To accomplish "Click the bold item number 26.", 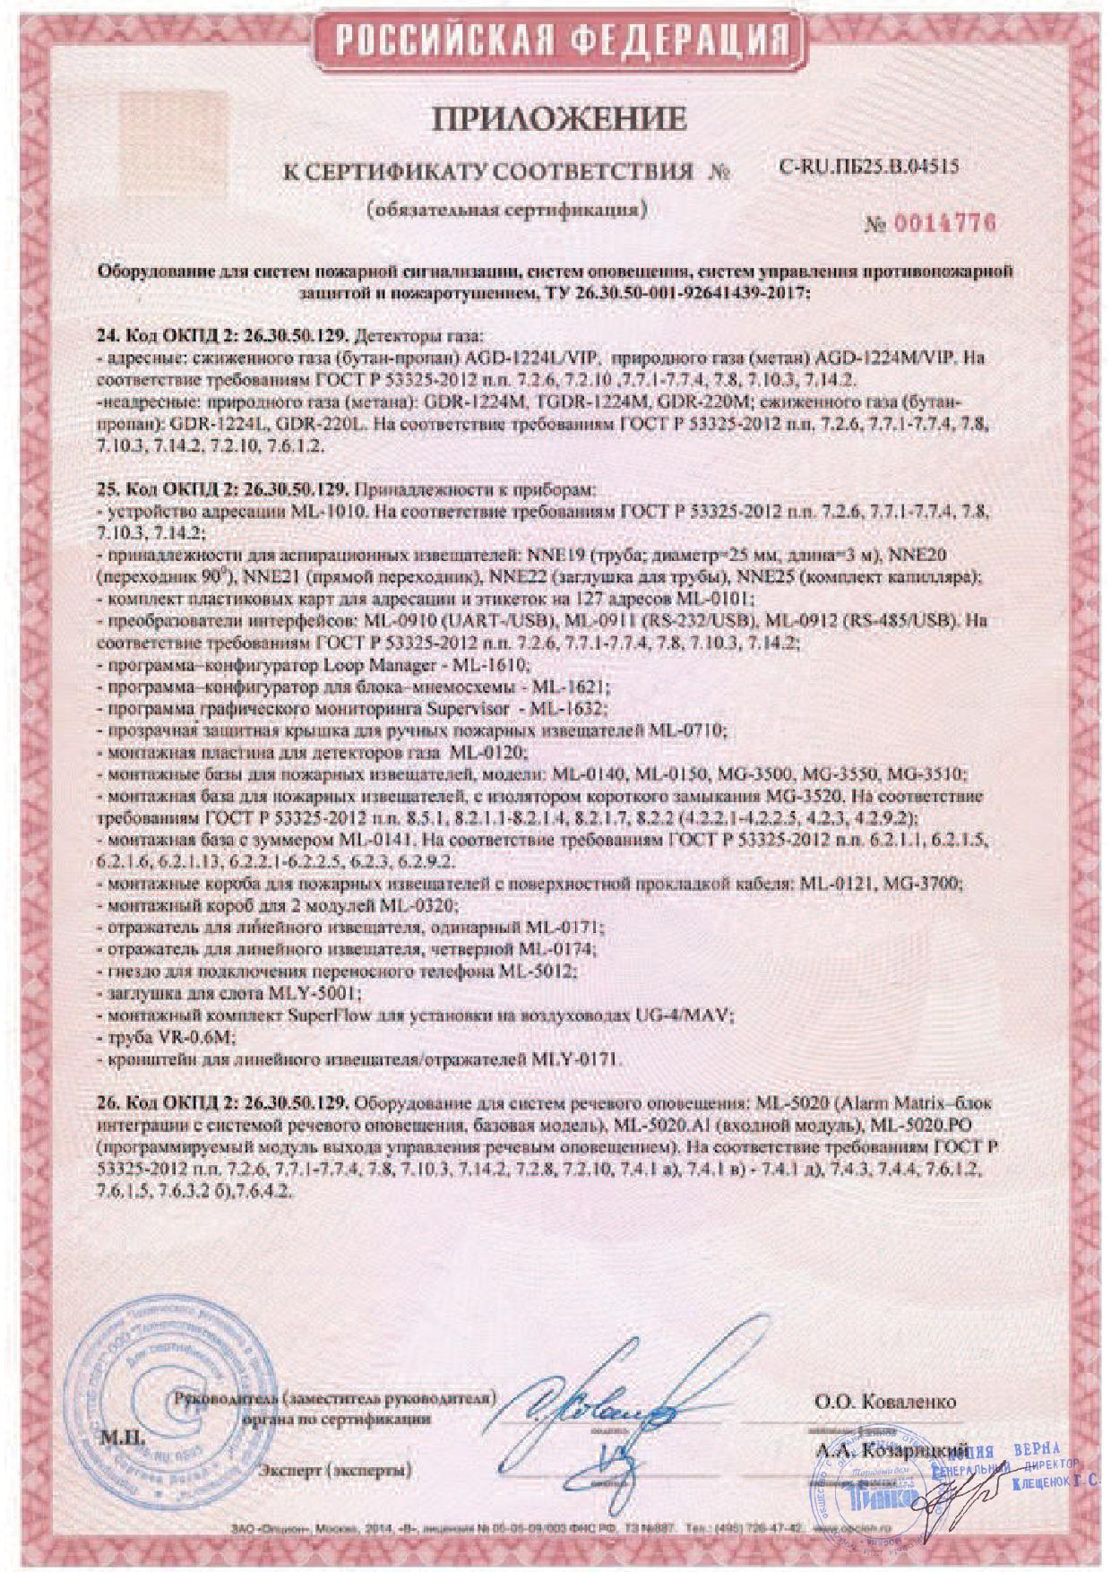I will point(105,1102).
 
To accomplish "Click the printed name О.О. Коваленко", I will point(885,1402).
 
